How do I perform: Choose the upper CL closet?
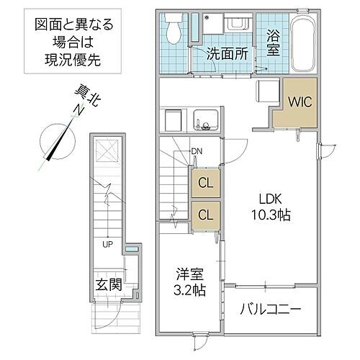click(x=205, y=183)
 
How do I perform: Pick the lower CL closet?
click(x=205, y=214)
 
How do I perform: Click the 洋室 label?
click(x=189, y=274)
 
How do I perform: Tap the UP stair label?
click(x=107, y=244)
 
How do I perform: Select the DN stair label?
click(x=197, y=150)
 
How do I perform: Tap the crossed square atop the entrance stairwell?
click(x=107, y=152)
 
